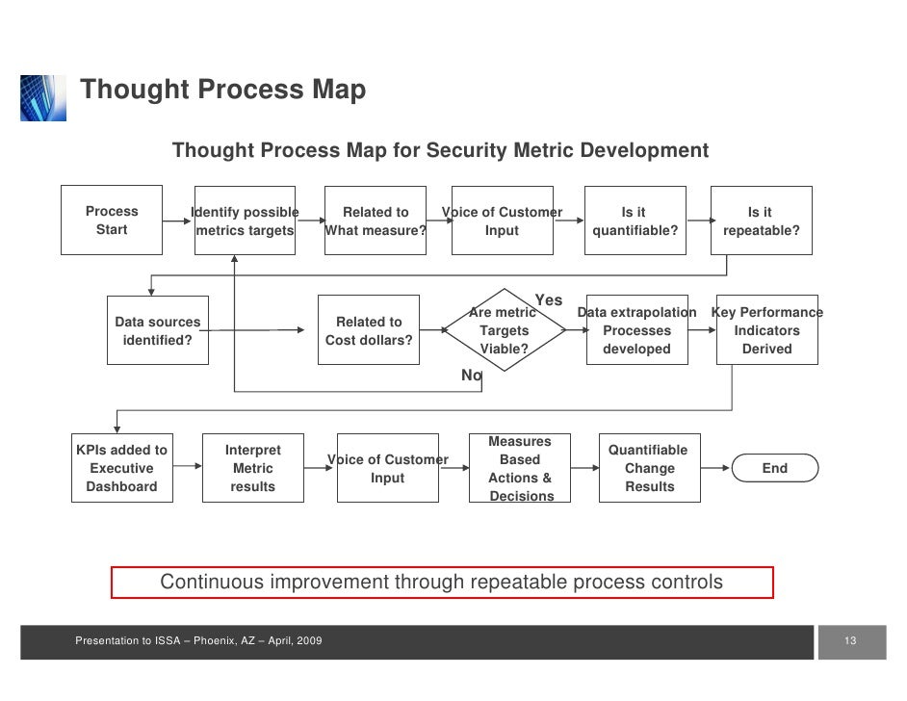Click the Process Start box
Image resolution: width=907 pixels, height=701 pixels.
112,221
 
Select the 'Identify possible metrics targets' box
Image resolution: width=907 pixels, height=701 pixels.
245,221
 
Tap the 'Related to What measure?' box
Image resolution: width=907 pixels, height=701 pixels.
376,221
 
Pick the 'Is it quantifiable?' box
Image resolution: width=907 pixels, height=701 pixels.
634,221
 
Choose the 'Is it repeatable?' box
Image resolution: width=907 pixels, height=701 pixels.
761,221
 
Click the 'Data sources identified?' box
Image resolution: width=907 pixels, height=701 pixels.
158,330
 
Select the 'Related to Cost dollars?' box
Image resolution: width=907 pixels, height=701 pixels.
369,330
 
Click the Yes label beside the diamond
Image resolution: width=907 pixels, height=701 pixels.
549,300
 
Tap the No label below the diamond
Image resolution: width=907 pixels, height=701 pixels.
471,376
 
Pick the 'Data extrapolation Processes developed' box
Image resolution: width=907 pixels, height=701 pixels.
636,330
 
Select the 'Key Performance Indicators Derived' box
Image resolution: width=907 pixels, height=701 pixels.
767,330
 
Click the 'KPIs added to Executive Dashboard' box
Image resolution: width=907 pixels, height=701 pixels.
121,468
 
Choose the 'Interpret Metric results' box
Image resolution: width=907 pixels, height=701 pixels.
252,468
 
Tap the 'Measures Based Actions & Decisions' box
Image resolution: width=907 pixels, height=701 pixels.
520,468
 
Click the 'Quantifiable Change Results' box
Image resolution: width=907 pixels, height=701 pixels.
650,468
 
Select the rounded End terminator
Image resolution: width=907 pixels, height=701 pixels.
774,468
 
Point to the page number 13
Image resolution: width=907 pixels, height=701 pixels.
850,642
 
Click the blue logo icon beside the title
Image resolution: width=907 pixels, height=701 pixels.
43,97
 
